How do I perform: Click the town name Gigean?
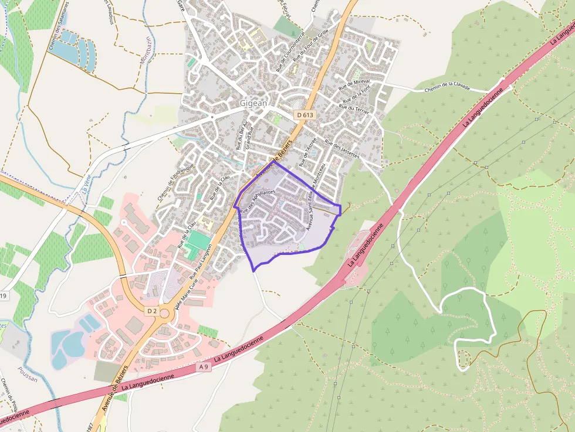click(253, 103)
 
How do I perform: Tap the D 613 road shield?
click(305, 115)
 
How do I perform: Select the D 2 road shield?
click(153, 309)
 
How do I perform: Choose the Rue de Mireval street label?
click(351, 84)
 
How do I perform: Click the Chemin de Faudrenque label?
click(175, 182)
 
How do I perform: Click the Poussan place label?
click(28, 379)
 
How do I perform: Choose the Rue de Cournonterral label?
click(291, 52)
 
